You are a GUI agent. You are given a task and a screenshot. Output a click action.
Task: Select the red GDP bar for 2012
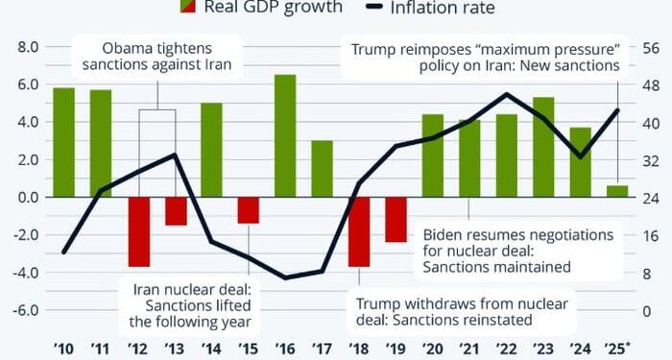pos(138,231)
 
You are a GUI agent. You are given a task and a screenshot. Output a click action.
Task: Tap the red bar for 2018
pos(359,231)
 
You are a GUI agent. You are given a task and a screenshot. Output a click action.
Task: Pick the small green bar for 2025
pos(617,191)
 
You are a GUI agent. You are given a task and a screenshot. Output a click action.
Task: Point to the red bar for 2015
pos(249,209)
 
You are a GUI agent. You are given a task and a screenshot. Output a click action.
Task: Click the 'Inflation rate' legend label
pos(443,9)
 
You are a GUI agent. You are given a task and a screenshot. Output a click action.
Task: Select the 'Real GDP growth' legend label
pos(273,8)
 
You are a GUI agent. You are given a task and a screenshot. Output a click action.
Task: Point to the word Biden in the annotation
pos(445,234)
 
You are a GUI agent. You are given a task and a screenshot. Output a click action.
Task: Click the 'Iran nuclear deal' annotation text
pos(190,289)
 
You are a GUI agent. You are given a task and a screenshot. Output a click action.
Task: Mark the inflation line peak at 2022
pos(506,94)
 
